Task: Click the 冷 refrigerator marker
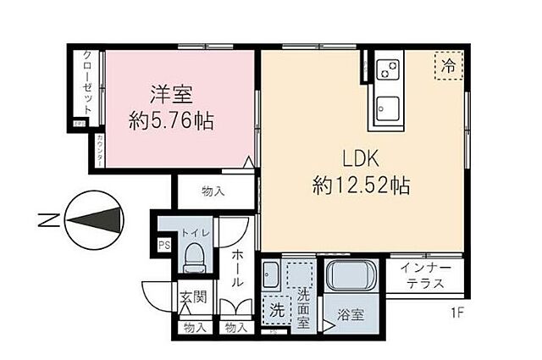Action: (448, 64)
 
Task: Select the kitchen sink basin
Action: (389, 108)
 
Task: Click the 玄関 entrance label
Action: (192, 297)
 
